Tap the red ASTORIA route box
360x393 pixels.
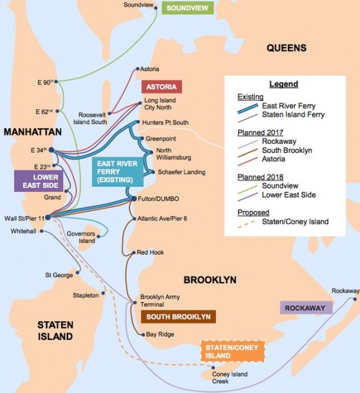(x=161, y=87)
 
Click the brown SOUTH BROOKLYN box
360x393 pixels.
(x=178, y=317)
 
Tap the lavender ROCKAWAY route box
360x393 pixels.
(x=306, y=308)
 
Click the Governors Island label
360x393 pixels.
(x=80, y=237)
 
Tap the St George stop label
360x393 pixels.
(x=57, y=275)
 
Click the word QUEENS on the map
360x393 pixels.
(x=286, y=48)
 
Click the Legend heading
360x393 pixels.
(x=284, y=83)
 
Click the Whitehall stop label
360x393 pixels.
(x=23, y=231)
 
